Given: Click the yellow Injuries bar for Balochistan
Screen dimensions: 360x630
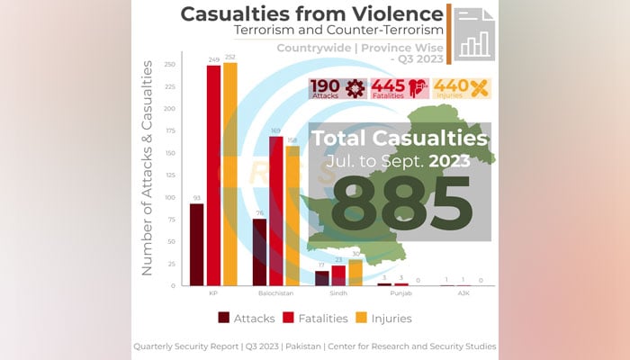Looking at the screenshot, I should (x=292, y=216).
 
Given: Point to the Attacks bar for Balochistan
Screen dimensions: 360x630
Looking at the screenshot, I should (x=259, y=252).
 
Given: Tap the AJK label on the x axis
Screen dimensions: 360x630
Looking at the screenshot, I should (x=464, y=293).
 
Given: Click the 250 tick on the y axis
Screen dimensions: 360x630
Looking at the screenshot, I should (x=169, y=65).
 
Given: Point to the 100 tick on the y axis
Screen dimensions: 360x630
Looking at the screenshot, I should (x=169, y=197).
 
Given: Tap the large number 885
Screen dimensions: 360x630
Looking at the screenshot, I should (x=400, y=202).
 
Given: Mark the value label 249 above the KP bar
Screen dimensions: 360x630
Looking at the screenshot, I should (x=213, y=60).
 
